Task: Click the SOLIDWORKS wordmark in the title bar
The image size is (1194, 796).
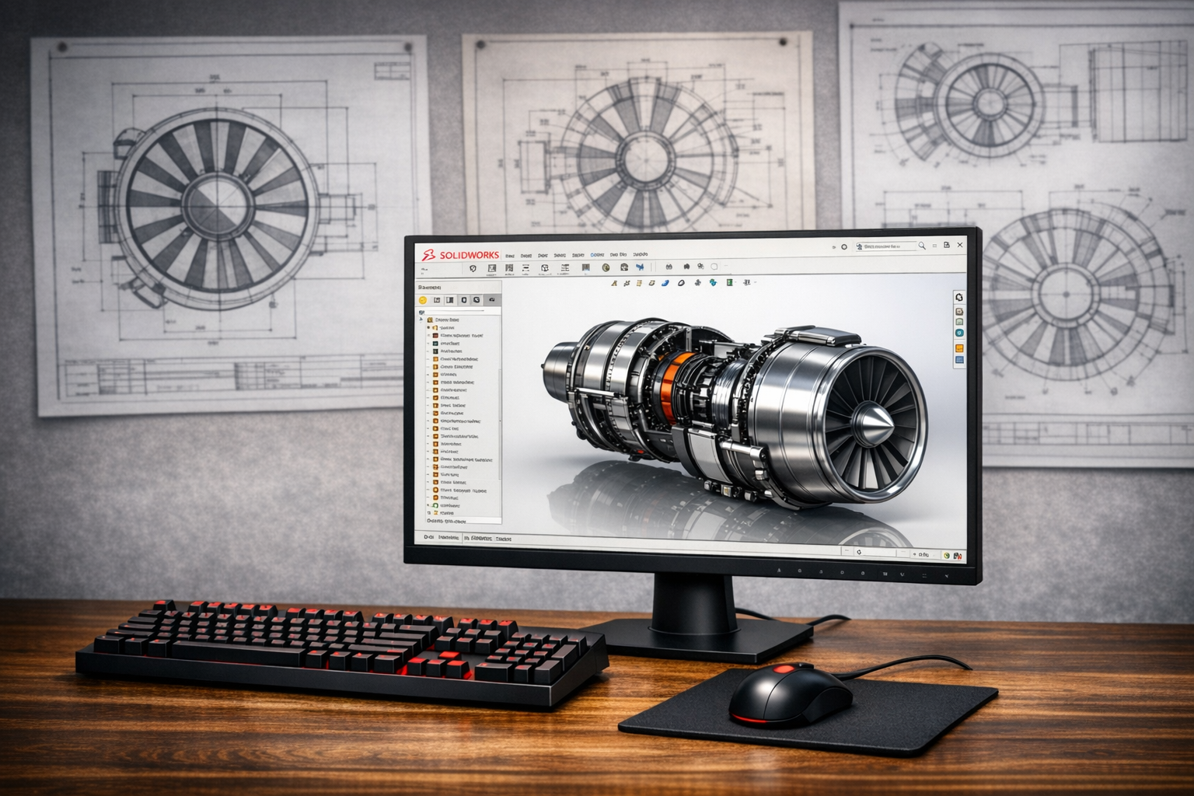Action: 469,255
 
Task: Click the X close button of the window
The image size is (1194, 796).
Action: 960,245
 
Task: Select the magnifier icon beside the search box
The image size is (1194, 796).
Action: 922,246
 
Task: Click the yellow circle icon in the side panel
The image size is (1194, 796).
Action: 423,300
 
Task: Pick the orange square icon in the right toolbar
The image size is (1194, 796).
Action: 959,348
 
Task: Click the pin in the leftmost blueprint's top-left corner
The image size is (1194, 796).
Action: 62,48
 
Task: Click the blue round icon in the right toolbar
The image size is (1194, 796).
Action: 959,333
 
